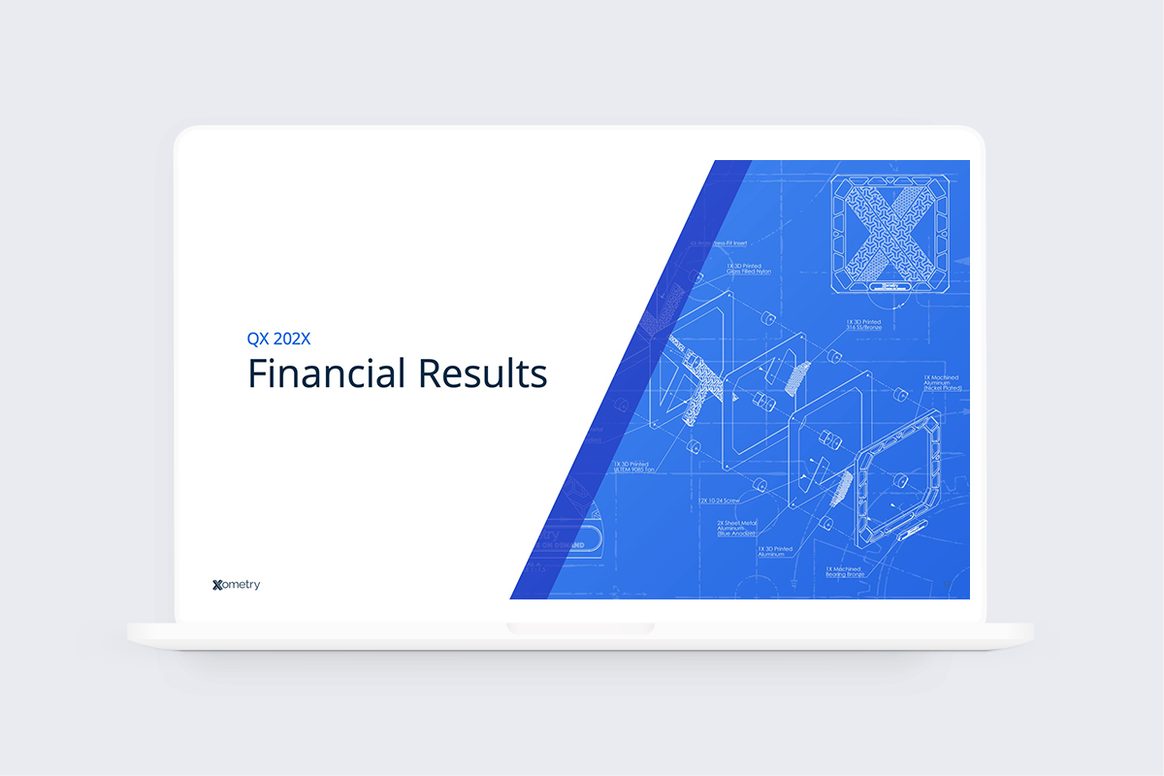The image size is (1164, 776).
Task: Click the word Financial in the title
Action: coord(330,373)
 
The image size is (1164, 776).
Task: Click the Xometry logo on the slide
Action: coord(236,585)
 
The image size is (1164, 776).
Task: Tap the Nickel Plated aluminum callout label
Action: coord(937,387)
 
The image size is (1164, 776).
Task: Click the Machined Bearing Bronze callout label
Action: coord(846,572)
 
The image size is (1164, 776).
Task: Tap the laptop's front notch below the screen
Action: coord(580,630)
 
